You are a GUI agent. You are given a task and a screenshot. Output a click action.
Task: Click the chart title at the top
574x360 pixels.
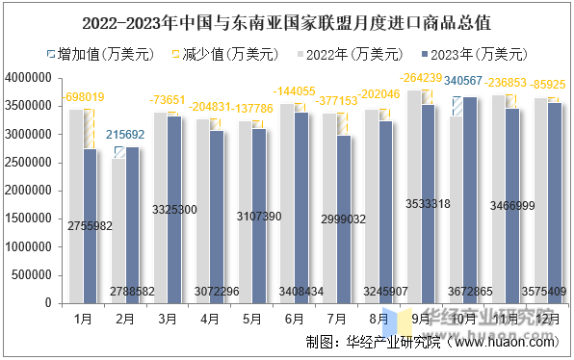tap(287, 19)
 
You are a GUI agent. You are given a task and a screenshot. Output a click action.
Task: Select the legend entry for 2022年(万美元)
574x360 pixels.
tap(358, 53)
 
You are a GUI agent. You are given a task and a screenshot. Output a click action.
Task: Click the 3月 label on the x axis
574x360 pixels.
tap(167, 317)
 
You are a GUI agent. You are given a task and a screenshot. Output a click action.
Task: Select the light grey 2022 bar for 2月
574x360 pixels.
tap(118, 230)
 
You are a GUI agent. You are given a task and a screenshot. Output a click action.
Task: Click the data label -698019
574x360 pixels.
tap(84, 98)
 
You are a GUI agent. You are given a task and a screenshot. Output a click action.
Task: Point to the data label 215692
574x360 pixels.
tap(125, 135)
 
